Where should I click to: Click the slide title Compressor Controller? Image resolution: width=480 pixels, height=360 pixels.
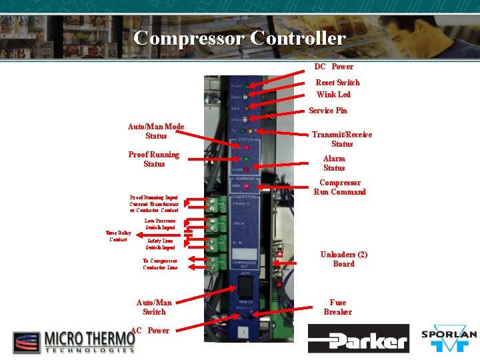[x=239, y=38]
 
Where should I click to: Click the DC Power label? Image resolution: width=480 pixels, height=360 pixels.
[x=334, y=67]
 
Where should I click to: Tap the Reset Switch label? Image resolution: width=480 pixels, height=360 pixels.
[x=337, y=83]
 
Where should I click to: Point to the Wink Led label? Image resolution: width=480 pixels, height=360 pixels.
[x=333, y=95]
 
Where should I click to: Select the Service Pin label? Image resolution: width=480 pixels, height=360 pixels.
[x=328, y=111]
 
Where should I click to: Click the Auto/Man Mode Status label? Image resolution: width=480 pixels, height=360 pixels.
[x=156, y=131]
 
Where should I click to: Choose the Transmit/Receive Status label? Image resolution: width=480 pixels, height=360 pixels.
[x=342, y=139]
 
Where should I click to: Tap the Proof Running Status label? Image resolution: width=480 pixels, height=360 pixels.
[x=154, y=159]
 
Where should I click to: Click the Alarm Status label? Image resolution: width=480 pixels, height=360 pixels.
[x=334, y=163]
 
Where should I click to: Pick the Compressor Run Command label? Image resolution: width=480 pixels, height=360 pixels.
[x=340, y=187]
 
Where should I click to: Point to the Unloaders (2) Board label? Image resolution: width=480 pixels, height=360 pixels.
[x=344, y=259]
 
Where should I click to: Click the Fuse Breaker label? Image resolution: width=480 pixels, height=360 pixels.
[x=338, y=307]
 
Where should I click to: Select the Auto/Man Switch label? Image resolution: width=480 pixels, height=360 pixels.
[x=154, y=307]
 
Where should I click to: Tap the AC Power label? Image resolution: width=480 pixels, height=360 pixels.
[x=151, y=331]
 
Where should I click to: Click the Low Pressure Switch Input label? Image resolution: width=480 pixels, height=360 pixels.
[x=160, y=224]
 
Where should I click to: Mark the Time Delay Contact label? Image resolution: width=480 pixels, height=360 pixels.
[x=118, y=236]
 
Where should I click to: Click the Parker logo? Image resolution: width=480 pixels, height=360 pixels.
[x=358, y=339]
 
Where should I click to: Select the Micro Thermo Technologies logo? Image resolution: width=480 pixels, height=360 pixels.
[x=74, y=341]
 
